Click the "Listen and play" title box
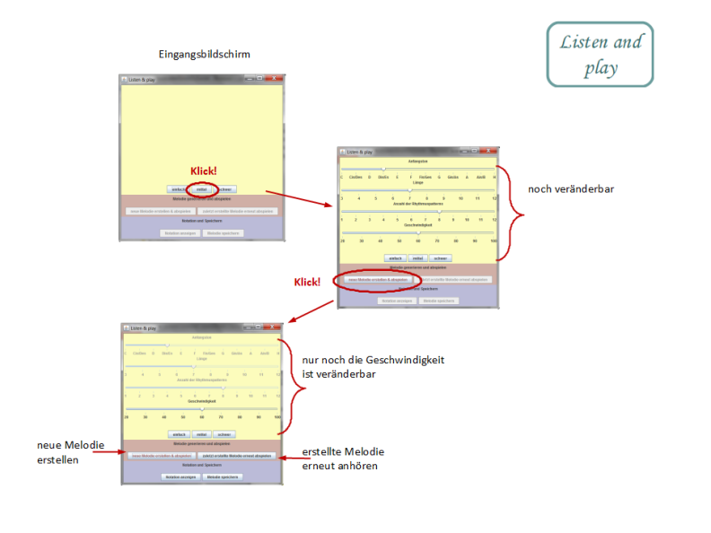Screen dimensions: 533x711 click(601, 55)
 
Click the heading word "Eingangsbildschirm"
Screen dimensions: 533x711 click(203, 55)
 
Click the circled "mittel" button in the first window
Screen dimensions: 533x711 click(202, 189)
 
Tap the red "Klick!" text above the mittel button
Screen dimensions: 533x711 click(204, 170)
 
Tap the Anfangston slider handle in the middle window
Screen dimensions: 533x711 click(384, 168)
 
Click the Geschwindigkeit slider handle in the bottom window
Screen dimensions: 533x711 click(202, 408)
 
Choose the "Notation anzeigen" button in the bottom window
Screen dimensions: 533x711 click(179, 476)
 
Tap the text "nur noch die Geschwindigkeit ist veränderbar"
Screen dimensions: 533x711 click(373, 366)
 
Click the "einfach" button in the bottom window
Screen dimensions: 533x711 click(179, 433)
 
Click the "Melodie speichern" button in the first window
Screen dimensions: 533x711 click(224, 232)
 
